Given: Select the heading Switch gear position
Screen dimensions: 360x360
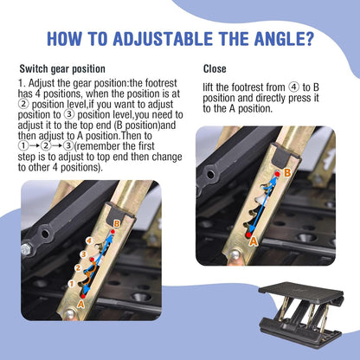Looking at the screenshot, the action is click(x=62, y=69).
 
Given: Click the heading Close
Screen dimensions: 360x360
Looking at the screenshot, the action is click(x=215, y=69).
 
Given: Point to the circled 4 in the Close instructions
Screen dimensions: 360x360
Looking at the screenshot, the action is click(x=294, y=87).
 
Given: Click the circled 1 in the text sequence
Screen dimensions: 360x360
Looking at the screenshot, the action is click(x=23, y=146).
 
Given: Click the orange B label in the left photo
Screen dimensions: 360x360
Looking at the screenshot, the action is click(x=117, y=224).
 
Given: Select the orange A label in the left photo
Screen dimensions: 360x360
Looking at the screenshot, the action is click(x=80, y=304).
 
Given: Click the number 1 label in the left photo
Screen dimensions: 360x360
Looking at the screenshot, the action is click(x=71, y=284).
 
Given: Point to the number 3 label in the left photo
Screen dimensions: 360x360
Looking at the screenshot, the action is click(x=83, y=254).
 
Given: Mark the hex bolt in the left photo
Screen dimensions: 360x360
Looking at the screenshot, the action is click(x=26, y=249).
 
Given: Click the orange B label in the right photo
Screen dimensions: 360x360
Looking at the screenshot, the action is click(x=287, y=173).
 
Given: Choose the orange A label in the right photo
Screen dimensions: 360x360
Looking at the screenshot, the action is click(x=254, y=241).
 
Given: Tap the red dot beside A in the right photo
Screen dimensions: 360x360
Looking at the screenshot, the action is click(x=248, y=235).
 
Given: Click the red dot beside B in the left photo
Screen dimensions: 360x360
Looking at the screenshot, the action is click(x=112, y=232).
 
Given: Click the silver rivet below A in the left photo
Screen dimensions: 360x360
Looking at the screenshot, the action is click(x=69, y=314).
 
